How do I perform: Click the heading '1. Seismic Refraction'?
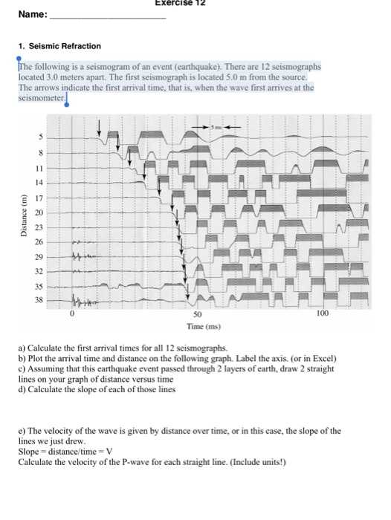coord(59,46)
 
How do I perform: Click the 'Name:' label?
coord(32,14)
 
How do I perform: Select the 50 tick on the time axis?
coord(200,315)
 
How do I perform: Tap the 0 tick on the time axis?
coord(73,315)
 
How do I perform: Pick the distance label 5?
coord(42,137)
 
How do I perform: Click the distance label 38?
coord(41,299)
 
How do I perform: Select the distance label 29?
coord(41,256)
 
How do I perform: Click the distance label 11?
coord(41,169)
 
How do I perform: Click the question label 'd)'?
coord(22,389)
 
